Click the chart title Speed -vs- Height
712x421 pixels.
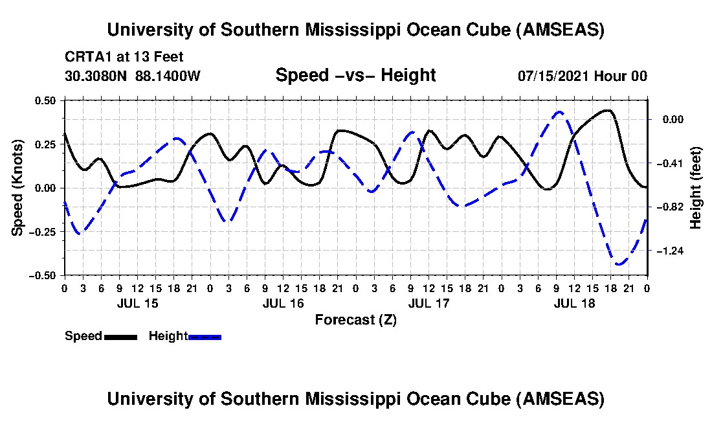point(355,75)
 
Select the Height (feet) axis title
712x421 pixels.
point(696,187)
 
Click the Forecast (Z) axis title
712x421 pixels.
point(355,319)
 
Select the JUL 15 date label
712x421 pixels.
point(137,303)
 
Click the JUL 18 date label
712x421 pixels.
point(574,303)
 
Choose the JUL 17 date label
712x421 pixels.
point(428,303)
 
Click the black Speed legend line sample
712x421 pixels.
point(120,337)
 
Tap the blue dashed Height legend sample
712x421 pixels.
point(205,337)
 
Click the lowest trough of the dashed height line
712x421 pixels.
point(619,264)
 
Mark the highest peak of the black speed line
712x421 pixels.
point(607,110)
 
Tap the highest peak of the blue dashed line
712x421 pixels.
point(560,111)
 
